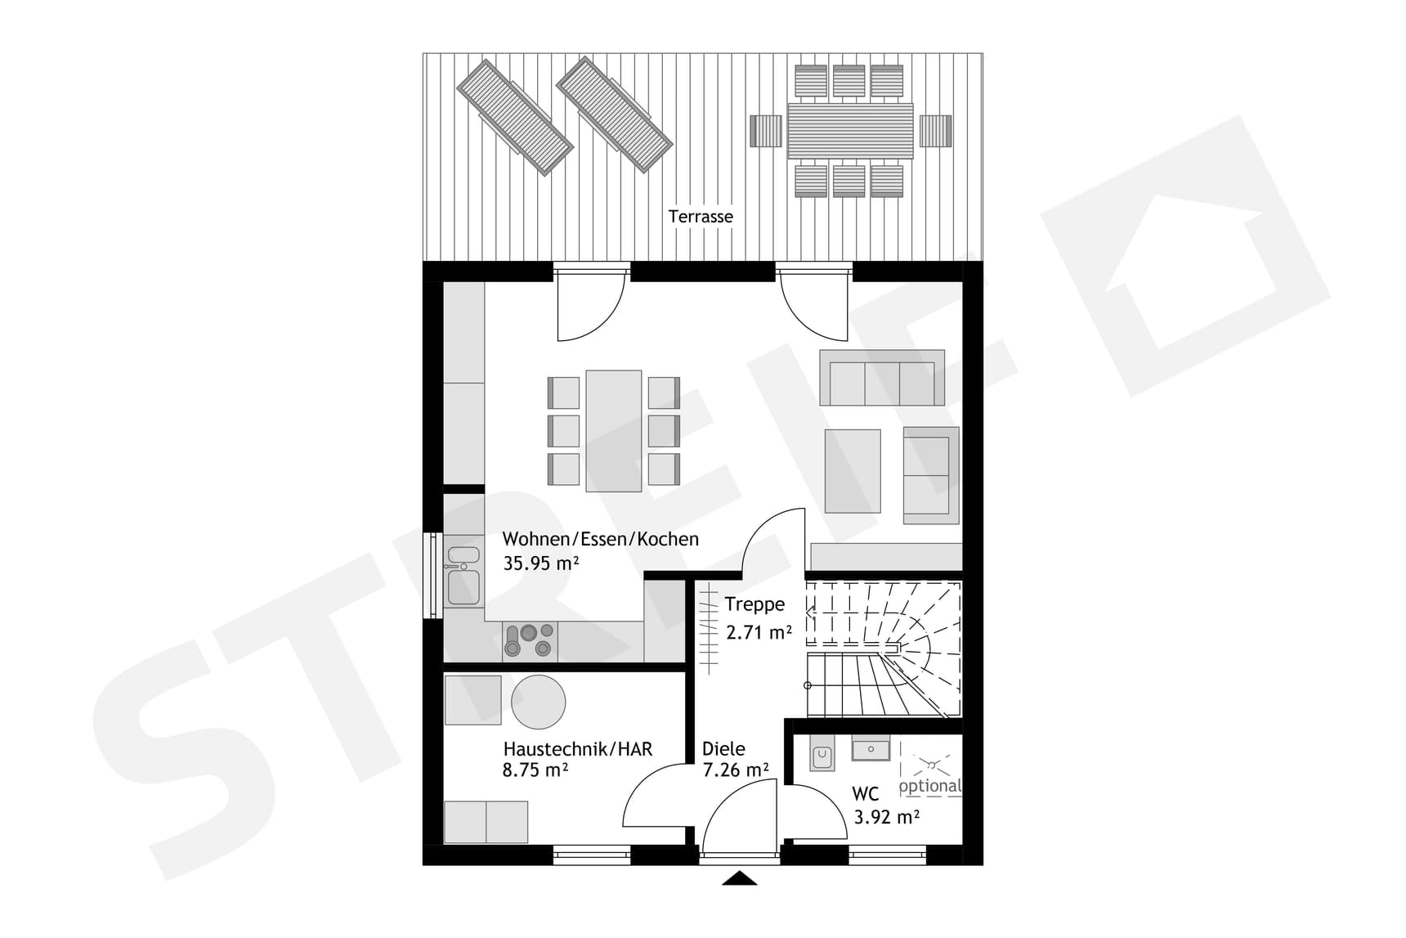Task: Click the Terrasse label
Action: pos(701,217)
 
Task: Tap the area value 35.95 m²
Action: pos(541,563)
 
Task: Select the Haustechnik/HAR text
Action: pos(578,749)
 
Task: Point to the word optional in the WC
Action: pos(930,787)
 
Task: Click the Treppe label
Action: pos(754,605)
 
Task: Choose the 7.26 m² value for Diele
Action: pos(736,770)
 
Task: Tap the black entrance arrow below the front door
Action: pos(740,878)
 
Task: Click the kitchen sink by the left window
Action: pos(463,577)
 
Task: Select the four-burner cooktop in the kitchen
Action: pos(530,640)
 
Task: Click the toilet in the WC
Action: pos(822,757)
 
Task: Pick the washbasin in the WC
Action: pos(871,748)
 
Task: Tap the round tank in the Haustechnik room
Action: pos(538,702)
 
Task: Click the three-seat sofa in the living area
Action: pos(882,378)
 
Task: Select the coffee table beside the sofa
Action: pos(853,471)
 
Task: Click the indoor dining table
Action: pos(614,431)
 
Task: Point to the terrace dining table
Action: pos(850,131)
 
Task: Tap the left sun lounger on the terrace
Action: pos(514,116)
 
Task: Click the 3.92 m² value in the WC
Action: pos(887,816)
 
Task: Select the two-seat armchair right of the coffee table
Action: pos(931,475)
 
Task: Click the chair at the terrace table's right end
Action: pos(936,131)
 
